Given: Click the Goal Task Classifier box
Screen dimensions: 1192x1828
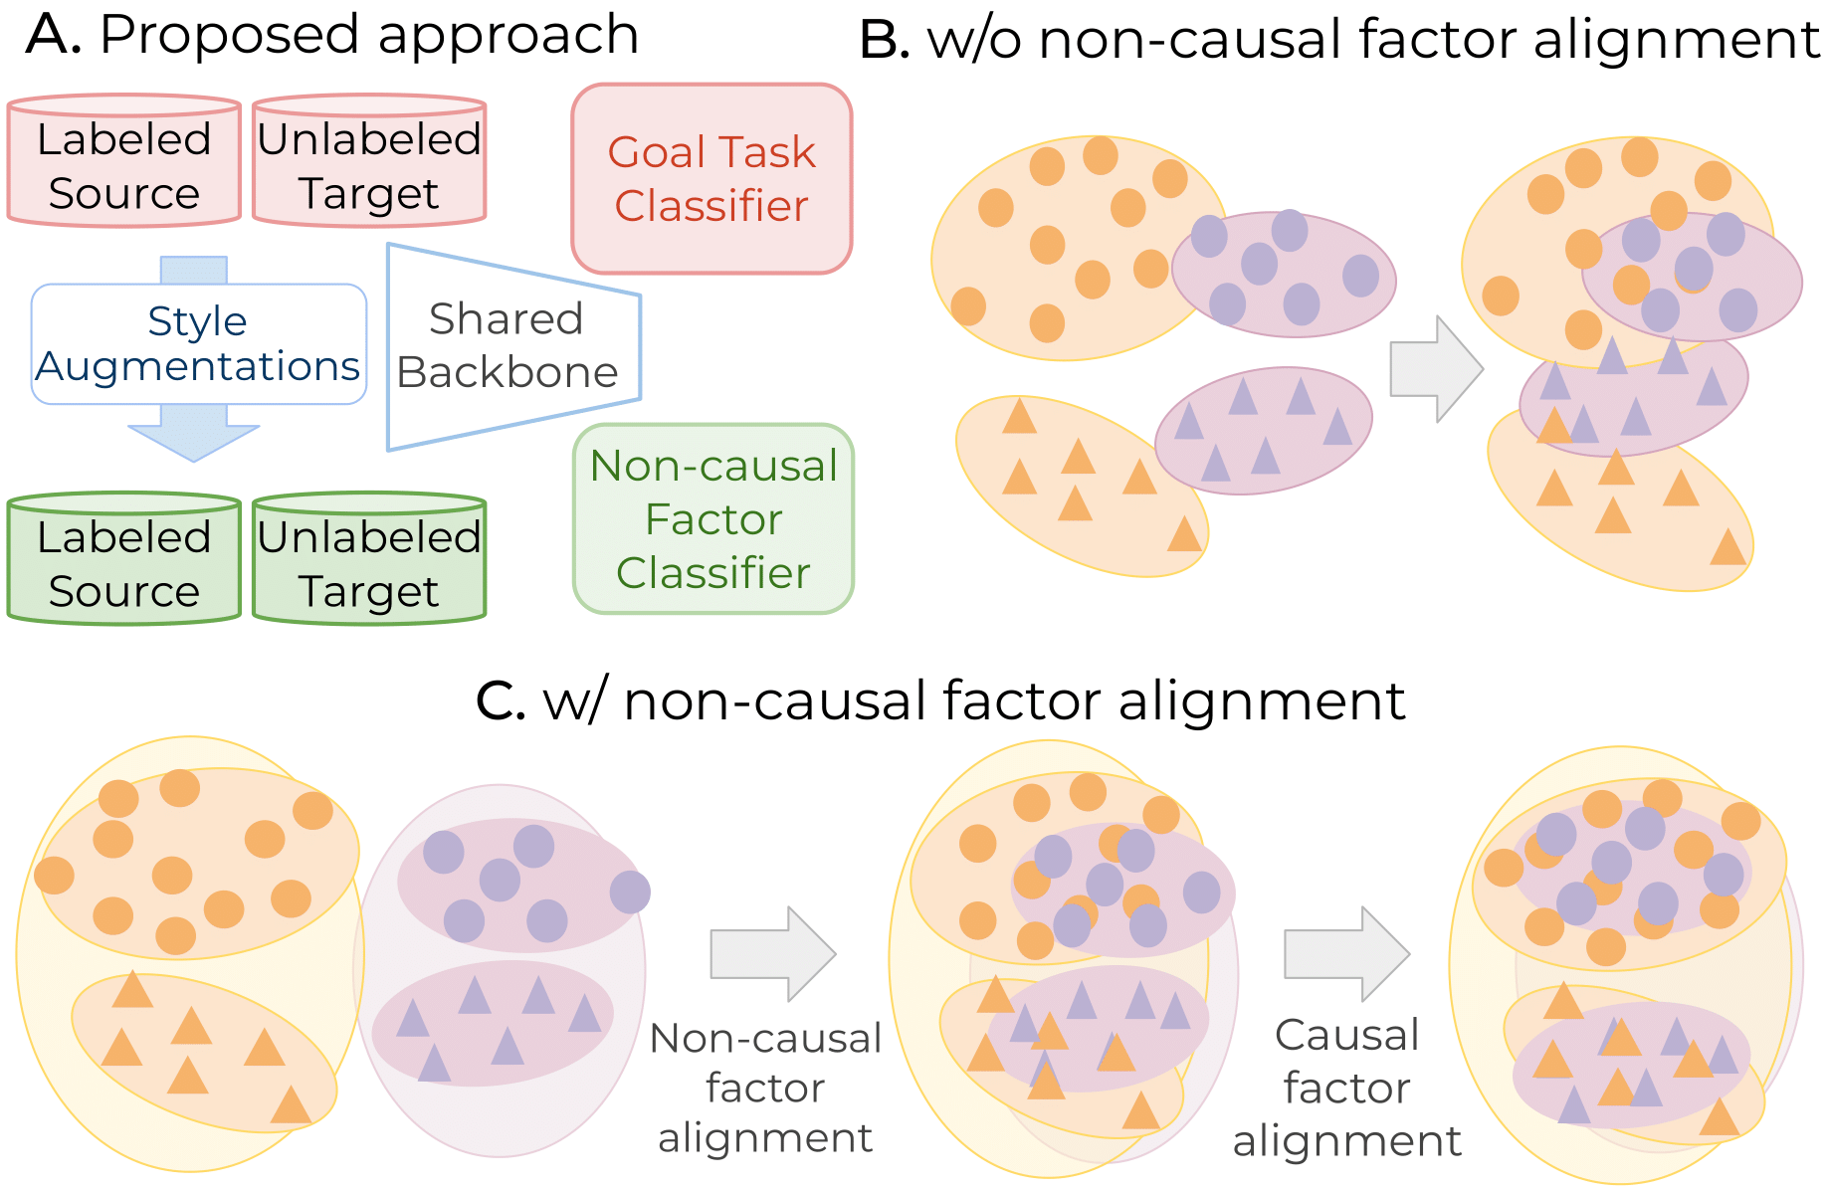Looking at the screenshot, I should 711,179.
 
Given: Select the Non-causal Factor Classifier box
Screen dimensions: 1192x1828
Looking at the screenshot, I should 713,518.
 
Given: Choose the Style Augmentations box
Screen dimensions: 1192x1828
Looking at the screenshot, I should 199,344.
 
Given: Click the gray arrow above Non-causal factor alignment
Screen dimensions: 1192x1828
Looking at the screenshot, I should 772,953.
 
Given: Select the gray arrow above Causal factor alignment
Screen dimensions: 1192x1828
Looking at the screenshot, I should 1346,953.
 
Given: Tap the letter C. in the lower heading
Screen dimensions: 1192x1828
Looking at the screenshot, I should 501,700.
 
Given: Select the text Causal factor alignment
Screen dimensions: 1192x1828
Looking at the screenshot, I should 1346,1088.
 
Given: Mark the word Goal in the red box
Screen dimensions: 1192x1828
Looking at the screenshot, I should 653,153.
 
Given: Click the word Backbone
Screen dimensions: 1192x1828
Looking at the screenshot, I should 508,373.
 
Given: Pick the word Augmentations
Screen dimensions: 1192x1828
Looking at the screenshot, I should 197,367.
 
